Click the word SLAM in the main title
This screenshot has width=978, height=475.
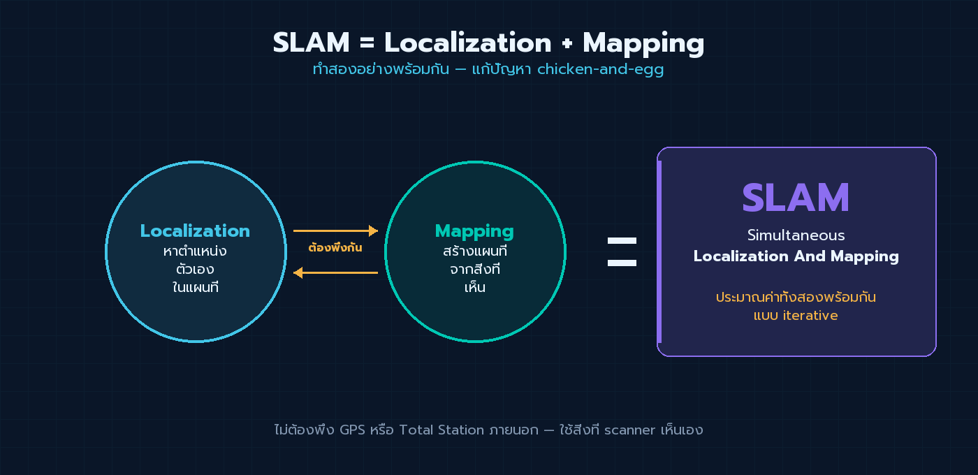coord(311,43)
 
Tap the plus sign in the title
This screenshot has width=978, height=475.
coord(567,44)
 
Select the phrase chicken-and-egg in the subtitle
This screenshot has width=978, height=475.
coord(600,70)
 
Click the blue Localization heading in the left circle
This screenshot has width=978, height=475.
coord(195,231)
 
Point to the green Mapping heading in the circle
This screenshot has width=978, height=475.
coord(474,231)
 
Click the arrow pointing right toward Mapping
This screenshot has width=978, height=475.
coord(335,231)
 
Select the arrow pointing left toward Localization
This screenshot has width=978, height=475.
coord(335,272)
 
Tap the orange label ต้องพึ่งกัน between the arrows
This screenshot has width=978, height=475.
coord(335,248)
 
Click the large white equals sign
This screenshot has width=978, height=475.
coord(622,252)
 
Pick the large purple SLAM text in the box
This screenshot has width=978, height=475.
coord(796,198)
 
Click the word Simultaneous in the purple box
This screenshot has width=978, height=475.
coord(796,235)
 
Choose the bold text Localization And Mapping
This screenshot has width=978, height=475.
coord(796,256)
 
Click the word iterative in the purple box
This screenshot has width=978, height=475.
coord(810,316)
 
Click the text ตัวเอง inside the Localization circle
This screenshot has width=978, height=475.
coord(195,269)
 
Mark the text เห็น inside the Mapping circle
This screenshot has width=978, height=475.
coord(474,287)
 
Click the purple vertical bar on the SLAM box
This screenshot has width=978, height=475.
coord(659,251)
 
